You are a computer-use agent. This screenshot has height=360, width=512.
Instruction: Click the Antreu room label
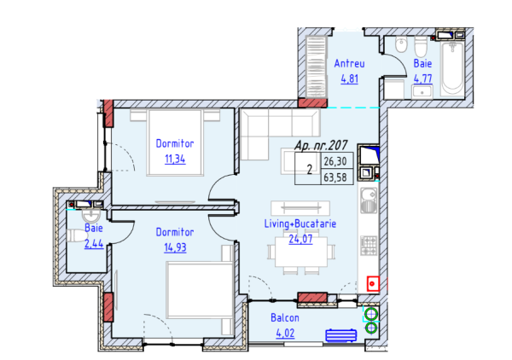(349, 63)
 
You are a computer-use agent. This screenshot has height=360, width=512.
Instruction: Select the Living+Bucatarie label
(300, 224)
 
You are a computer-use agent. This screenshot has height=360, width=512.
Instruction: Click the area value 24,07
(300, 239)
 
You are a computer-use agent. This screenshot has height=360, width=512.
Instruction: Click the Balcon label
(285, 317)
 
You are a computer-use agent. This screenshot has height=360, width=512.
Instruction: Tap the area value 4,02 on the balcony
(285, 333)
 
